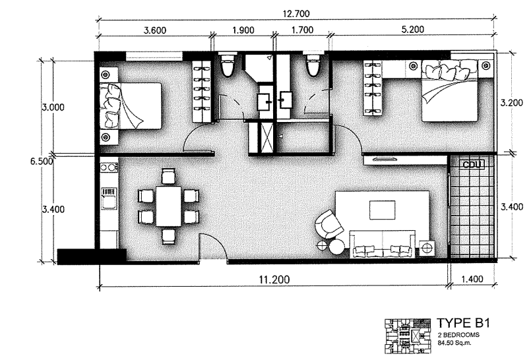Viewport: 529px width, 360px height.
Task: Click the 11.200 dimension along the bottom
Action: (271, 279)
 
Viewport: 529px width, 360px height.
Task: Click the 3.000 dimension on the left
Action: (53, 107)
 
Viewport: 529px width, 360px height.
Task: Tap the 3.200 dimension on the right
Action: (512, 103)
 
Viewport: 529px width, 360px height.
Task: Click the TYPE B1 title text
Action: (462, 324)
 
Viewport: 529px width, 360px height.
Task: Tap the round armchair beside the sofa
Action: (328, 224)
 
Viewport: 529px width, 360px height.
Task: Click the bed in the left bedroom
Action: (132, 105)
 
